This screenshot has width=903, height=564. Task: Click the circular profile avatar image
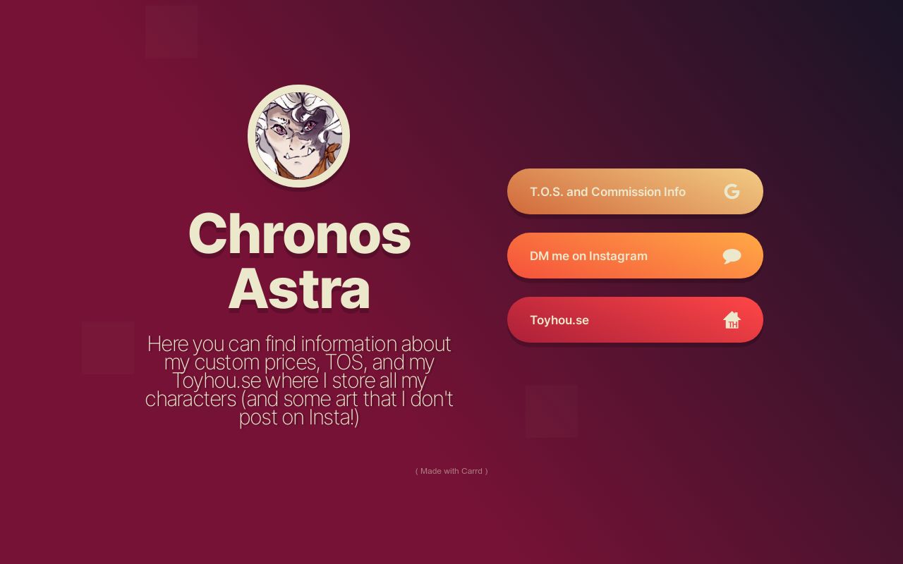pos(298,136)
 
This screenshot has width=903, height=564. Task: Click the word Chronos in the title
pos(299,234)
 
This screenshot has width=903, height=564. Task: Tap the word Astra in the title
pos(299,289)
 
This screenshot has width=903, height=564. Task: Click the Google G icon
pos(732,192)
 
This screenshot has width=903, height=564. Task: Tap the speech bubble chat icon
pos(732,256)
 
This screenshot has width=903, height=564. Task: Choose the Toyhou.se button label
pos(559,320)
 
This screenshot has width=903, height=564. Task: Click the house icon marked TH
pos(732,320)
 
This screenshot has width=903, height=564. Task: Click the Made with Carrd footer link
pos(451,471)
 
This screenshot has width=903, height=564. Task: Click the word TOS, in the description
pos(345,362)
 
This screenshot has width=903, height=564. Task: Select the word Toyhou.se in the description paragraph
pos(217,381)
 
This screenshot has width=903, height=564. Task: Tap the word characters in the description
pos(190,399)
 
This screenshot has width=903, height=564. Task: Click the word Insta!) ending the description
pos(334,417)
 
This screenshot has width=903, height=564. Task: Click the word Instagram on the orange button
pos(618,256)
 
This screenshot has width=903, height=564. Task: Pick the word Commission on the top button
pos(625,192)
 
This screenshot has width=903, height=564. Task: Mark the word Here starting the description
pos(167,344)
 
